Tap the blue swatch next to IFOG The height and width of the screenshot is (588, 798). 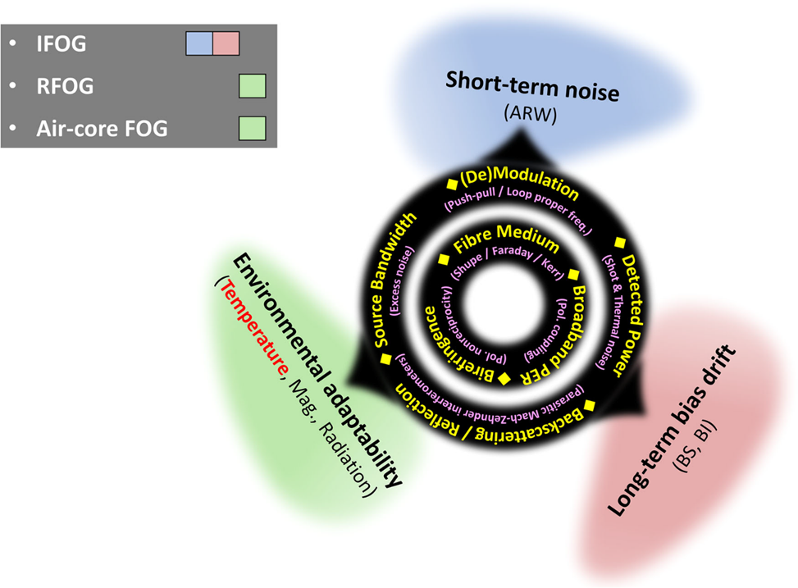(x=198, y=44)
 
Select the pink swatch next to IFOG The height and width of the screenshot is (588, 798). (x=226, y=44)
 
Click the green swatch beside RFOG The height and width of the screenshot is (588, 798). (x=253, y=86)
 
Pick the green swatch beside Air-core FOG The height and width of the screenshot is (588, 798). (x=253, y=127)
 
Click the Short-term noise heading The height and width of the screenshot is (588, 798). (x=532, y=87)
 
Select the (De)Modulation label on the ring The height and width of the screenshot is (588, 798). (x=518, y=186)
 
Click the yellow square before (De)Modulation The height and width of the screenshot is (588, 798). (x=451, y=181)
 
